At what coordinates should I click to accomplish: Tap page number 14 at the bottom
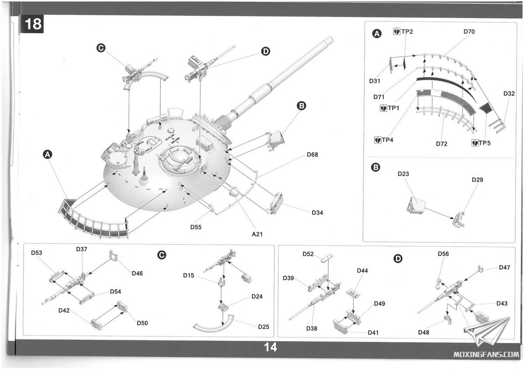tap(270, 347)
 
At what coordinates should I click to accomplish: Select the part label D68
tap(313, 154)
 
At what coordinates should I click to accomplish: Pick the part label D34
tap(319, 212)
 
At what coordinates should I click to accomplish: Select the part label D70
tap(469, 32)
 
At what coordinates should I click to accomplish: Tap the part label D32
tap(509, 93)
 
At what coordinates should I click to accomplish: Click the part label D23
tap(403, 174)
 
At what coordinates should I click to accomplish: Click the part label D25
tap(263, 326)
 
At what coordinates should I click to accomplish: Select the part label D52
tap(309, 254)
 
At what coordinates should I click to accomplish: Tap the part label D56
tap(443, 254)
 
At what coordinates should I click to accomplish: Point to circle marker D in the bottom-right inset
tap(398, 259)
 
